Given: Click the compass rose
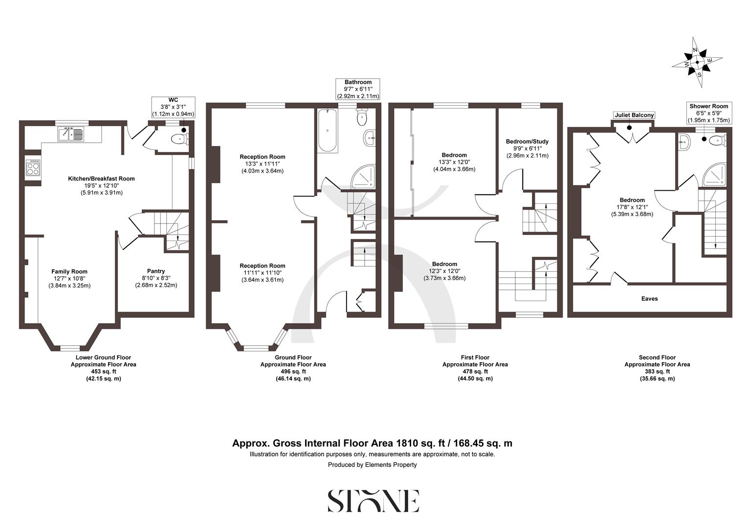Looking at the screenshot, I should coord(698,63).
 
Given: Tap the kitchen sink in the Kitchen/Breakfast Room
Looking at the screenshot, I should coord(71,133).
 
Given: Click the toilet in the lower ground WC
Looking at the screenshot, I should coord(179,139).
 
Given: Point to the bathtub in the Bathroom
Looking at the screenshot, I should coord(327,131).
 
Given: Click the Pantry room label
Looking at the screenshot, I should coord(156,271).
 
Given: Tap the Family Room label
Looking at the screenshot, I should coord(69,271).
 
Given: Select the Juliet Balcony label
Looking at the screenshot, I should coord(634,115).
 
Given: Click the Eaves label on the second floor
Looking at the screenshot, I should coord(649,299).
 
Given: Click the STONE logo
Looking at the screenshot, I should coord(373,501).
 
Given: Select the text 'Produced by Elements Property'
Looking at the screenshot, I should coord(372,465).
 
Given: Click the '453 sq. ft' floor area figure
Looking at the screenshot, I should coord(103,372).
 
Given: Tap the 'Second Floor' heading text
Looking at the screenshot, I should coord(657,357).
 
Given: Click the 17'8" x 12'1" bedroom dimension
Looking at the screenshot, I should coord(632,207).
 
